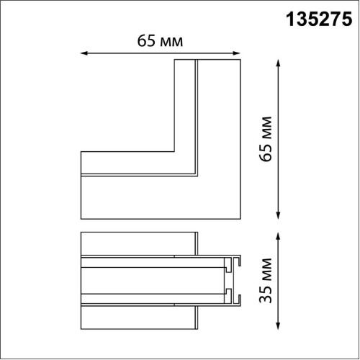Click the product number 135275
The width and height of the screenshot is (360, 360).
tap(319, 19)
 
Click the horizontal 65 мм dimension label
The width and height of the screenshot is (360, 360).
tap(160, 41)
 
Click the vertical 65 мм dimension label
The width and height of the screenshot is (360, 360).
tap(266, 139)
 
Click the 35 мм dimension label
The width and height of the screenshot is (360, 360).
tap(266, 280)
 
